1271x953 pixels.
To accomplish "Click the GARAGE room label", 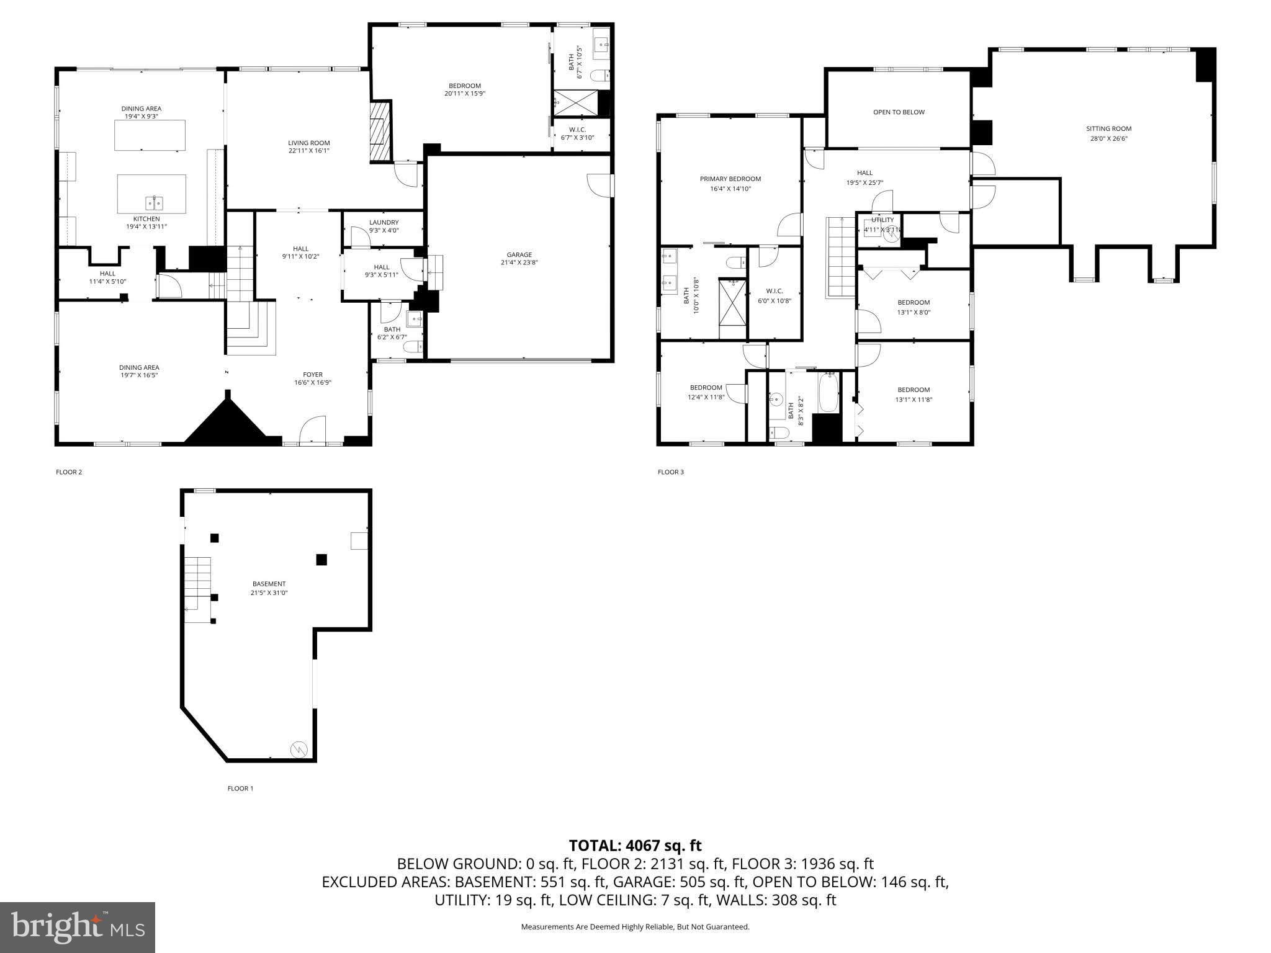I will [x=519, y=254].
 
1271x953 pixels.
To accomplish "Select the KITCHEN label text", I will [x=146, y=219].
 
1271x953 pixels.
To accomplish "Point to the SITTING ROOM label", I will [x=1108, y=129].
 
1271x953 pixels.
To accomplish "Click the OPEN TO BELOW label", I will [x=899, y=112].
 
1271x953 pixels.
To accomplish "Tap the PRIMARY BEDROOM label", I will [x=730, y=179].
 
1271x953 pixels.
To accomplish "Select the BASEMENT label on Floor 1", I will [x=269, y=584].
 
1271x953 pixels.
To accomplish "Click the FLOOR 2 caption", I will [x=69, y=472].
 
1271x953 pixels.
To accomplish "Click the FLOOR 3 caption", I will [x=670, y=472].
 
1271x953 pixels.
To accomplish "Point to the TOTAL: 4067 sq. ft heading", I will [x=635, y=845].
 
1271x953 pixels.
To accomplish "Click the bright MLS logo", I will [x=78, y=927].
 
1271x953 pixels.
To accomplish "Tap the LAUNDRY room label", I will [x=383, y=222].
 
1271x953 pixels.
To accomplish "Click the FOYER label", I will [x=313, y=374].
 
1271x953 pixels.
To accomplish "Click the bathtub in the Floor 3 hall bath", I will [x=828, y=393].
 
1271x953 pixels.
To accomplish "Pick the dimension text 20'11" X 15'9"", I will [x=464, y=94].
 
